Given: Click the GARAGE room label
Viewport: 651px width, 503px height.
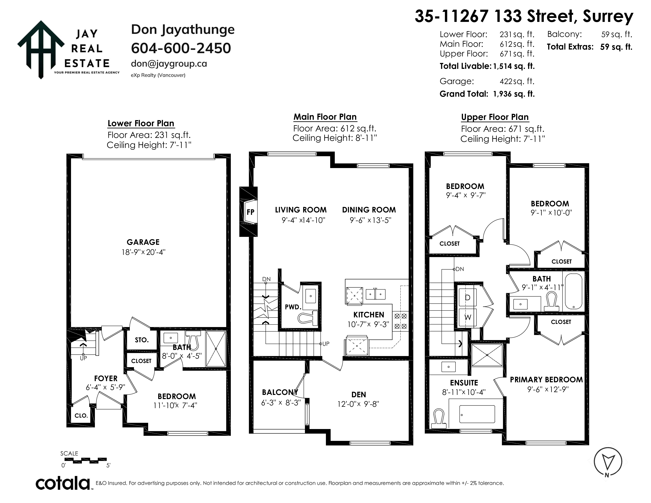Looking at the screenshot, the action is pyautogui.click(x=143, y=242).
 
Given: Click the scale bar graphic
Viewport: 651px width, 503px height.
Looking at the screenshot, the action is pyautogui.click(x=86, y=460).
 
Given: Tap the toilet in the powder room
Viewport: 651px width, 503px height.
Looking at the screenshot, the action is pyautogui.click(x=308, y=318).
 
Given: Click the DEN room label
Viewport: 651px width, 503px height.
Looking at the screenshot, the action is pyautogui.click(x=359, y=395).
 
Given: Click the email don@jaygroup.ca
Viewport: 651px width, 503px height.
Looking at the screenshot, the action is pyautogui.click(x=169, y=64).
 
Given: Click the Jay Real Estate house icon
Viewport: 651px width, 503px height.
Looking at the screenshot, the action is pyautogui.click(x=41, y=49).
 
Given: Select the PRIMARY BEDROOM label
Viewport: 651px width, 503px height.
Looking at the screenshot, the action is pyautogui.click(x=546, y=380).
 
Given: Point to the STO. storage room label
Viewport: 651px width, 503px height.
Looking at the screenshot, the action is pyautogui.click(x=142, y=340).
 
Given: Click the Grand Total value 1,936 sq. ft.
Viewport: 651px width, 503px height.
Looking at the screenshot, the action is pyautogui.click(x=514, y=94).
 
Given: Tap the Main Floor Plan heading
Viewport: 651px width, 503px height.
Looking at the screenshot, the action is pyautogui.click(x=325, y=117).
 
